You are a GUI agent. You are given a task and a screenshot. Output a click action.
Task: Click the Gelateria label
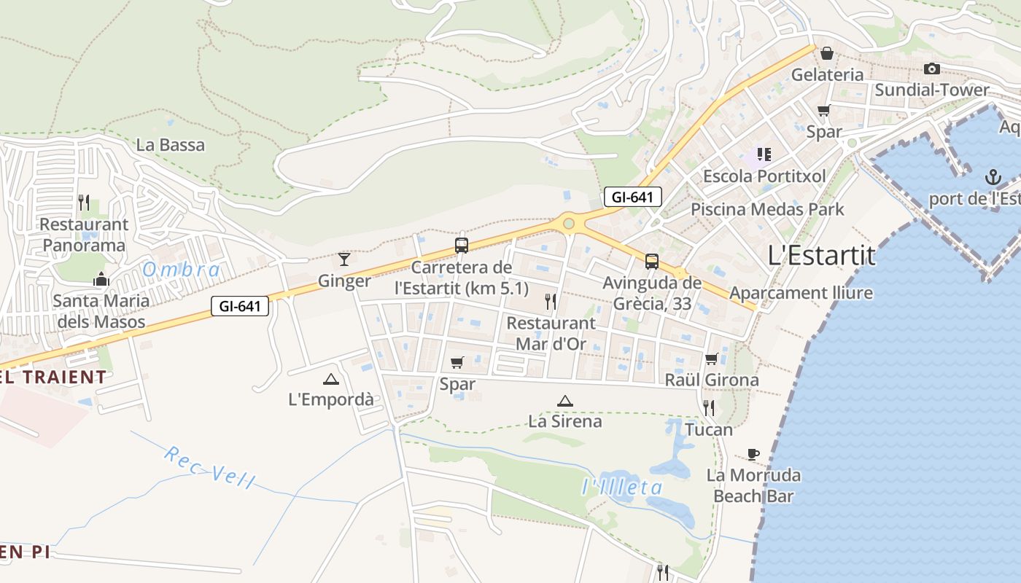827,74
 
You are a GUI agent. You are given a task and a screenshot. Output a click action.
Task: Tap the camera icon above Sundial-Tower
931,69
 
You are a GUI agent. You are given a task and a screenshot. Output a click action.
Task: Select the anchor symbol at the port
992,177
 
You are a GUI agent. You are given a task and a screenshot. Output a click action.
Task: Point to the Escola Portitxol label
764,176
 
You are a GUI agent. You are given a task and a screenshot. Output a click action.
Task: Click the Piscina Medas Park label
767,209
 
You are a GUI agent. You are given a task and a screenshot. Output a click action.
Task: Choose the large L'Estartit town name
821,255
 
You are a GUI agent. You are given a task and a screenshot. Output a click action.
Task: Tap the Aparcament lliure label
801,293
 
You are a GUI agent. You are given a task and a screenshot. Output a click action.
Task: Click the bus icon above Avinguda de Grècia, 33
651,262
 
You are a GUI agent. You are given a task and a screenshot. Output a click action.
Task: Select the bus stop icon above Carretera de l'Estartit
461,246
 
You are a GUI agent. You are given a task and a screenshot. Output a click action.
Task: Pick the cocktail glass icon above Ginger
344,259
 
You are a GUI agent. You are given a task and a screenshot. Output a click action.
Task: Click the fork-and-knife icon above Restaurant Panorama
84,202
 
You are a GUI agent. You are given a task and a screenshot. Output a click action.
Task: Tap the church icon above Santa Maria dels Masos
101,279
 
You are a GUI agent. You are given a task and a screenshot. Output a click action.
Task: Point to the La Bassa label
171,145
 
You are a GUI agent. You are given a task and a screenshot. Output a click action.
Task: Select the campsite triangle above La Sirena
564,401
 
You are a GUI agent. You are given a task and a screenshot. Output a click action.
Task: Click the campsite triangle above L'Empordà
331,379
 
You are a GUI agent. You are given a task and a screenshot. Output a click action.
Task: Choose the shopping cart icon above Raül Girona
711,359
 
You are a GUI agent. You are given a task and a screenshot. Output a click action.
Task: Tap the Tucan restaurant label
709,429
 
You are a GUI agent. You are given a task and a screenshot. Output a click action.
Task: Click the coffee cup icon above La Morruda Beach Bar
753,455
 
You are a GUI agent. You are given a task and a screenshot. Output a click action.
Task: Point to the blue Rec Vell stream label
209,466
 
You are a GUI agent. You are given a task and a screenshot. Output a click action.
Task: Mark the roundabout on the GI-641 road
568,223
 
